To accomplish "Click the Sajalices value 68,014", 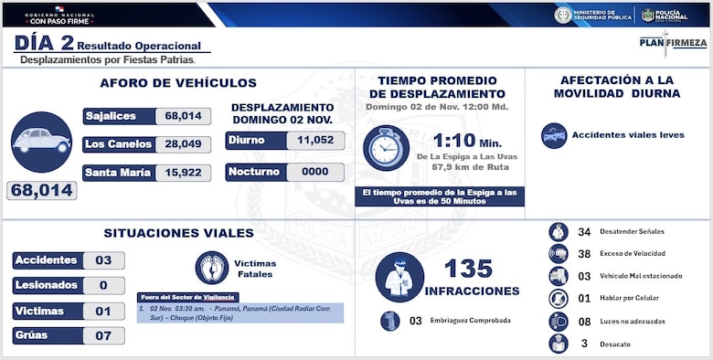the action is tap(182, 116).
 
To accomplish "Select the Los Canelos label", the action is tap(117, 144).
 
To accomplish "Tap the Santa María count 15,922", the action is tap(183, 173).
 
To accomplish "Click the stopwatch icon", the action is tap(386, 148).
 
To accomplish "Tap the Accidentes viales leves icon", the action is tap(553, 135).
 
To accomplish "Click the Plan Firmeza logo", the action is tap(672, 42).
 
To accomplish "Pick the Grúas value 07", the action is tap(102, 335).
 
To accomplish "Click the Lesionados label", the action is tap(46, 286).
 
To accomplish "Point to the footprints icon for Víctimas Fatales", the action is tap(212, 268).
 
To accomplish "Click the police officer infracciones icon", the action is tap(399, 278).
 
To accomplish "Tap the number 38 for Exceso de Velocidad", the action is tap(585, 253).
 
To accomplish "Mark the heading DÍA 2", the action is tap(43, 42).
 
